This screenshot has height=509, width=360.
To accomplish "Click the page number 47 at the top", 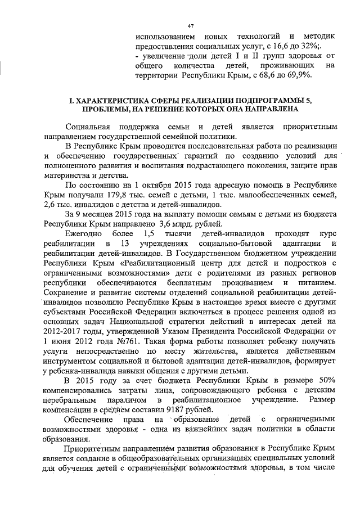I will point(190,26).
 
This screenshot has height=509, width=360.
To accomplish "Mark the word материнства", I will point(65,174).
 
